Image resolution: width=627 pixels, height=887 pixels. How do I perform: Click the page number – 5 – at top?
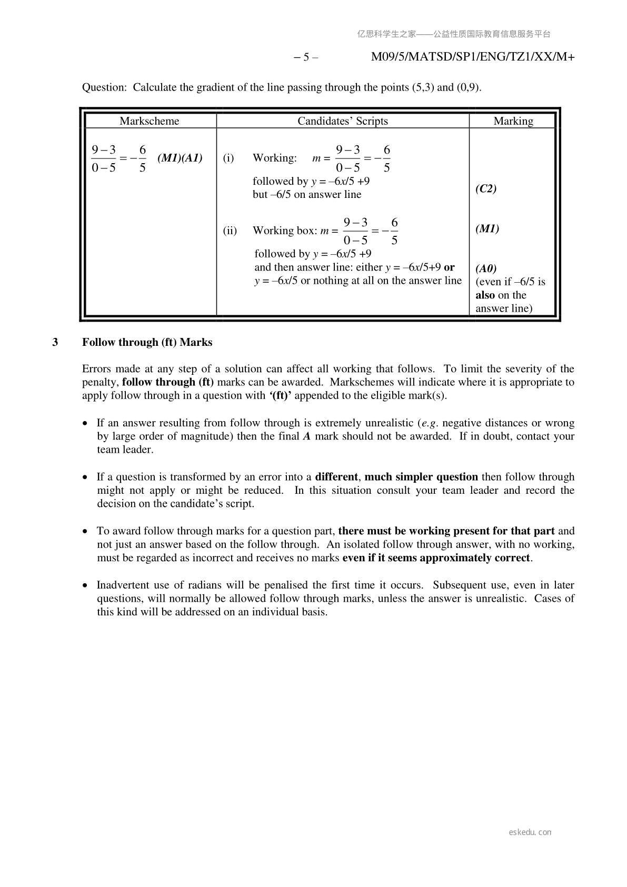(305, 57)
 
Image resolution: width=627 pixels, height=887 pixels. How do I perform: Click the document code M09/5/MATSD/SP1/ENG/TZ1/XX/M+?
(472, 57)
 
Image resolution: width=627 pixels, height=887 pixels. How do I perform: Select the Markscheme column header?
(149, 121)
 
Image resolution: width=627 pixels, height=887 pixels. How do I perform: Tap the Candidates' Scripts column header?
(343, 121)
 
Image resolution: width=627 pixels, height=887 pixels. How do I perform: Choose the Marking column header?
(513, 121)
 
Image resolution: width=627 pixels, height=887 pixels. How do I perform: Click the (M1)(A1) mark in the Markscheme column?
(180, 158)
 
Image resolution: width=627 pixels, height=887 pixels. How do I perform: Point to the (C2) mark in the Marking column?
(486, 188)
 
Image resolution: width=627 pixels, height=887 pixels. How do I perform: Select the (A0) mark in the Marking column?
(486, 268)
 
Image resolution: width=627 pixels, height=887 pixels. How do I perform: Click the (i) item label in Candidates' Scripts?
(228, 158)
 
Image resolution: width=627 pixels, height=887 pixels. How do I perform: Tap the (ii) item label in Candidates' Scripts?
(230, 231)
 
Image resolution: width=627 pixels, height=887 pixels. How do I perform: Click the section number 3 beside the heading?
(55, 343)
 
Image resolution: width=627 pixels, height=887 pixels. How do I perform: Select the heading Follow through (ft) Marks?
(147, 343)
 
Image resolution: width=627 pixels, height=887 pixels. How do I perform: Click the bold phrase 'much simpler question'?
(421, 477)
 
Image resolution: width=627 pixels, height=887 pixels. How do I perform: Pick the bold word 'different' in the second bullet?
(336, 477)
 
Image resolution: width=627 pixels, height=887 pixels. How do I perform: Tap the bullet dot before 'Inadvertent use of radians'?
(86, 585)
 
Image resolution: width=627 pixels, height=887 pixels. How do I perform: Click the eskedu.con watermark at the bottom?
(530, 832)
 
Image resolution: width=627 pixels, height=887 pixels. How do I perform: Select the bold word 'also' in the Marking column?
(485, 295)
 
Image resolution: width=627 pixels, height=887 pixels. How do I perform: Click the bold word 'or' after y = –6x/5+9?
(449, 267)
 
